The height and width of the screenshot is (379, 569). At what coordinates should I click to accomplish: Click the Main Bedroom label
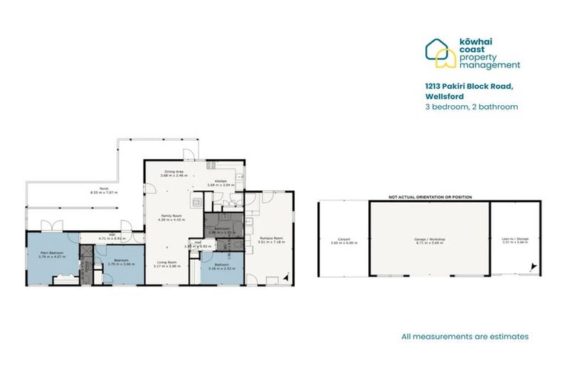[52, 253]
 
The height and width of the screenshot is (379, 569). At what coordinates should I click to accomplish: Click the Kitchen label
[220, 181]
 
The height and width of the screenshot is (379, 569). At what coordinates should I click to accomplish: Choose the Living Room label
[167, 263]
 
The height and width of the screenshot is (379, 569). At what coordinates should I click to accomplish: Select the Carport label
[343, 240]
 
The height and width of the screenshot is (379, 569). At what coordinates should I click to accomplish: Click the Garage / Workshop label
[429, 240]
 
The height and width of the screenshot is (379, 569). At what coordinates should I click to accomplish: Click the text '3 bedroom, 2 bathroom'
[471, 107]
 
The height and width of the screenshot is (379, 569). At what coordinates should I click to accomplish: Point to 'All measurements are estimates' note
[465, 336]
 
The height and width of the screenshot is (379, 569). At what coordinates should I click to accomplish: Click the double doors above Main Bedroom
[51, 225]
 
